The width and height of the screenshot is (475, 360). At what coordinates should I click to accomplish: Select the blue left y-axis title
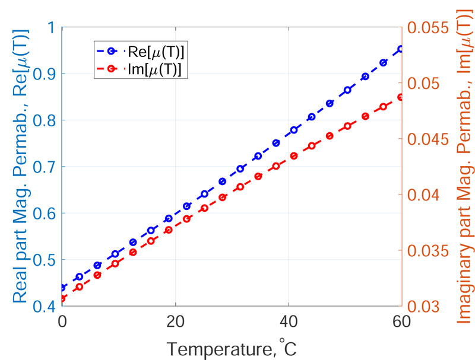pyautogui.click(x=18, y=167)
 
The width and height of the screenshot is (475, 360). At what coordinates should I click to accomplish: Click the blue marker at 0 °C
pyautogui.click(x=62, y=288)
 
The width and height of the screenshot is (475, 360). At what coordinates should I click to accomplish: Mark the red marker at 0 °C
pyautogui.click(x=62, y=298)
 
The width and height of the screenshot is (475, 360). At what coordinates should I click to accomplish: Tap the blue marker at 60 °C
pyautogui.click(x=401, y=49)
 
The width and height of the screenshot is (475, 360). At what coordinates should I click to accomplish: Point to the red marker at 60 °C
pyautogui.click(x=401, y=97)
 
